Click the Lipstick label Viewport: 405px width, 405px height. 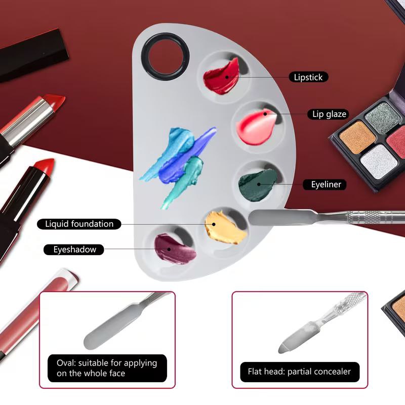pos(308,77)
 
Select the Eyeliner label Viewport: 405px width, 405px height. pos(325,184)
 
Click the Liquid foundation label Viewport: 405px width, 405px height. pos(79,224)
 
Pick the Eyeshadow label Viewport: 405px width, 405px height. pos(74,250)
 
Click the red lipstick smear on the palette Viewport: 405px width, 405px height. pos(221,77)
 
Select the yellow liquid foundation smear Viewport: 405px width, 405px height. pos(225,227)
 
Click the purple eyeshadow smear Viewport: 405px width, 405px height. pos(174,249)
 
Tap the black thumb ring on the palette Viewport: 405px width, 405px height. pos(166,57)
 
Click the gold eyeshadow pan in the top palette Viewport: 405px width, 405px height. pos(357,137)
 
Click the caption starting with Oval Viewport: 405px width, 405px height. pos(107,368)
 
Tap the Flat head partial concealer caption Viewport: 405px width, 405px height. pos(300,372)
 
